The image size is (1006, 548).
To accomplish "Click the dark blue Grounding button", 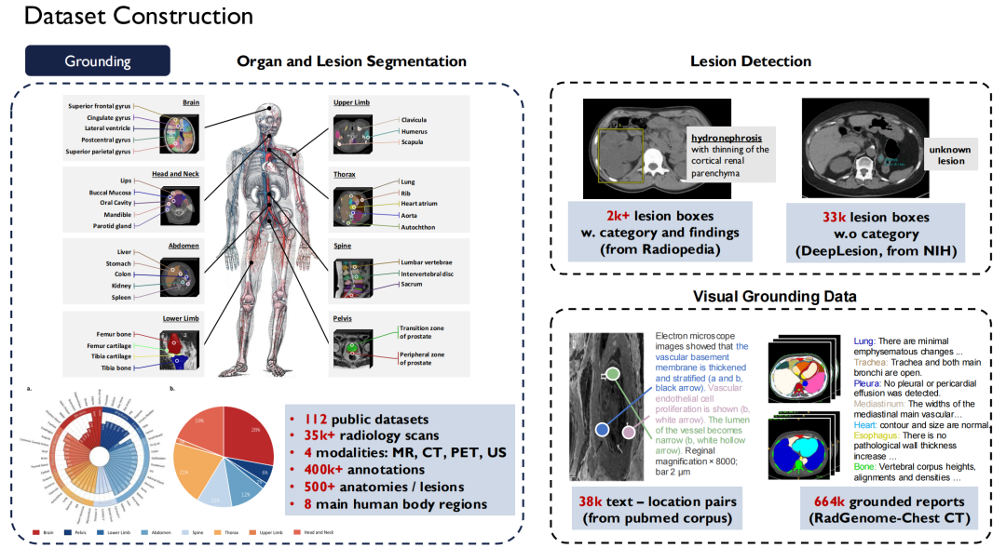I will point(97,61).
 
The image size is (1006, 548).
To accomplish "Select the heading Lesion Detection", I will point(750,61).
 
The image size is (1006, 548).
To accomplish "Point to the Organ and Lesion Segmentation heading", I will point(351,61).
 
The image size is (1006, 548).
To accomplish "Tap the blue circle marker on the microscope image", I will point(602,429).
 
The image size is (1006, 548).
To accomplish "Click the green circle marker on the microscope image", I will point(613,374).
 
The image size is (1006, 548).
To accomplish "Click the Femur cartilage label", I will point(103,345).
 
